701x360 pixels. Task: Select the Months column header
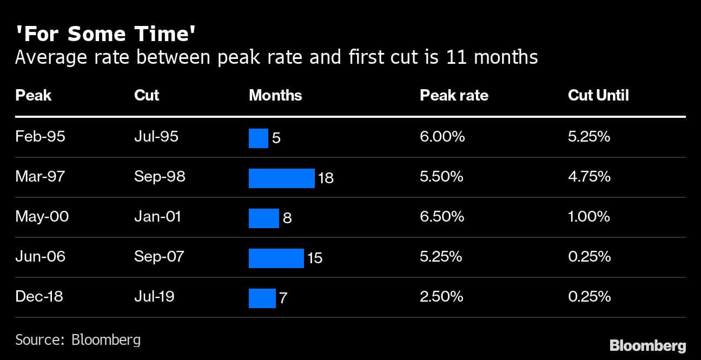pyautogui.click(x=275, y=96)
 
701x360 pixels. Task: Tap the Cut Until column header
pyautogui.click(x=598, y=96)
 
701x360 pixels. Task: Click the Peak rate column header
pyautogui.click(x=454, y=96)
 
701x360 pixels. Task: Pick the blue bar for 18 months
pyautogui.click(x=281, y=178)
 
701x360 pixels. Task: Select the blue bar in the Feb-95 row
pyautogui.click(x=258, y=138)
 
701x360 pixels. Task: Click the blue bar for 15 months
pyautogui.click(x=276, y=258)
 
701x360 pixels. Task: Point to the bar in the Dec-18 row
pyautogui.click(x=262, y=298)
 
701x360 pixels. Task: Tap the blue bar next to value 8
pyautogui.click(x=263, y=218)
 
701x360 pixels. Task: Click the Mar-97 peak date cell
pyautogui.click(x=40, y=177)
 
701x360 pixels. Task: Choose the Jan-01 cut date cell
pyautogui.click(x=157, y=217)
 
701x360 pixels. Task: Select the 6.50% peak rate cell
pyautogui.click(x=441, y=217)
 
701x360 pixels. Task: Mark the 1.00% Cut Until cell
pyautogui.click(x=589, y=217)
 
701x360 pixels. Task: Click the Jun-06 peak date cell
pyautogui.click(x=40, y=256)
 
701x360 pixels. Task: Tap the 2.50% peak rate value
pyautogui.click(x=441, y=297)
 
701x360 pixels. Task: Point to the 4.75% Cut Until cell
pyautogui.click(x=589, y=177)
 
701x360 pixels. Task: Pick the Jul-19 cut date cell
pyautogui.click(x=154, y=297)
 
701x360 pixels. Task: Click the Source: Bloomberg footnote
pyautogui.click(x=78, y=340)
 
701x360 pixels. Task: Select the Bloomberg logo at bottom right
pyautogui.click(x=647, y=345)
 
